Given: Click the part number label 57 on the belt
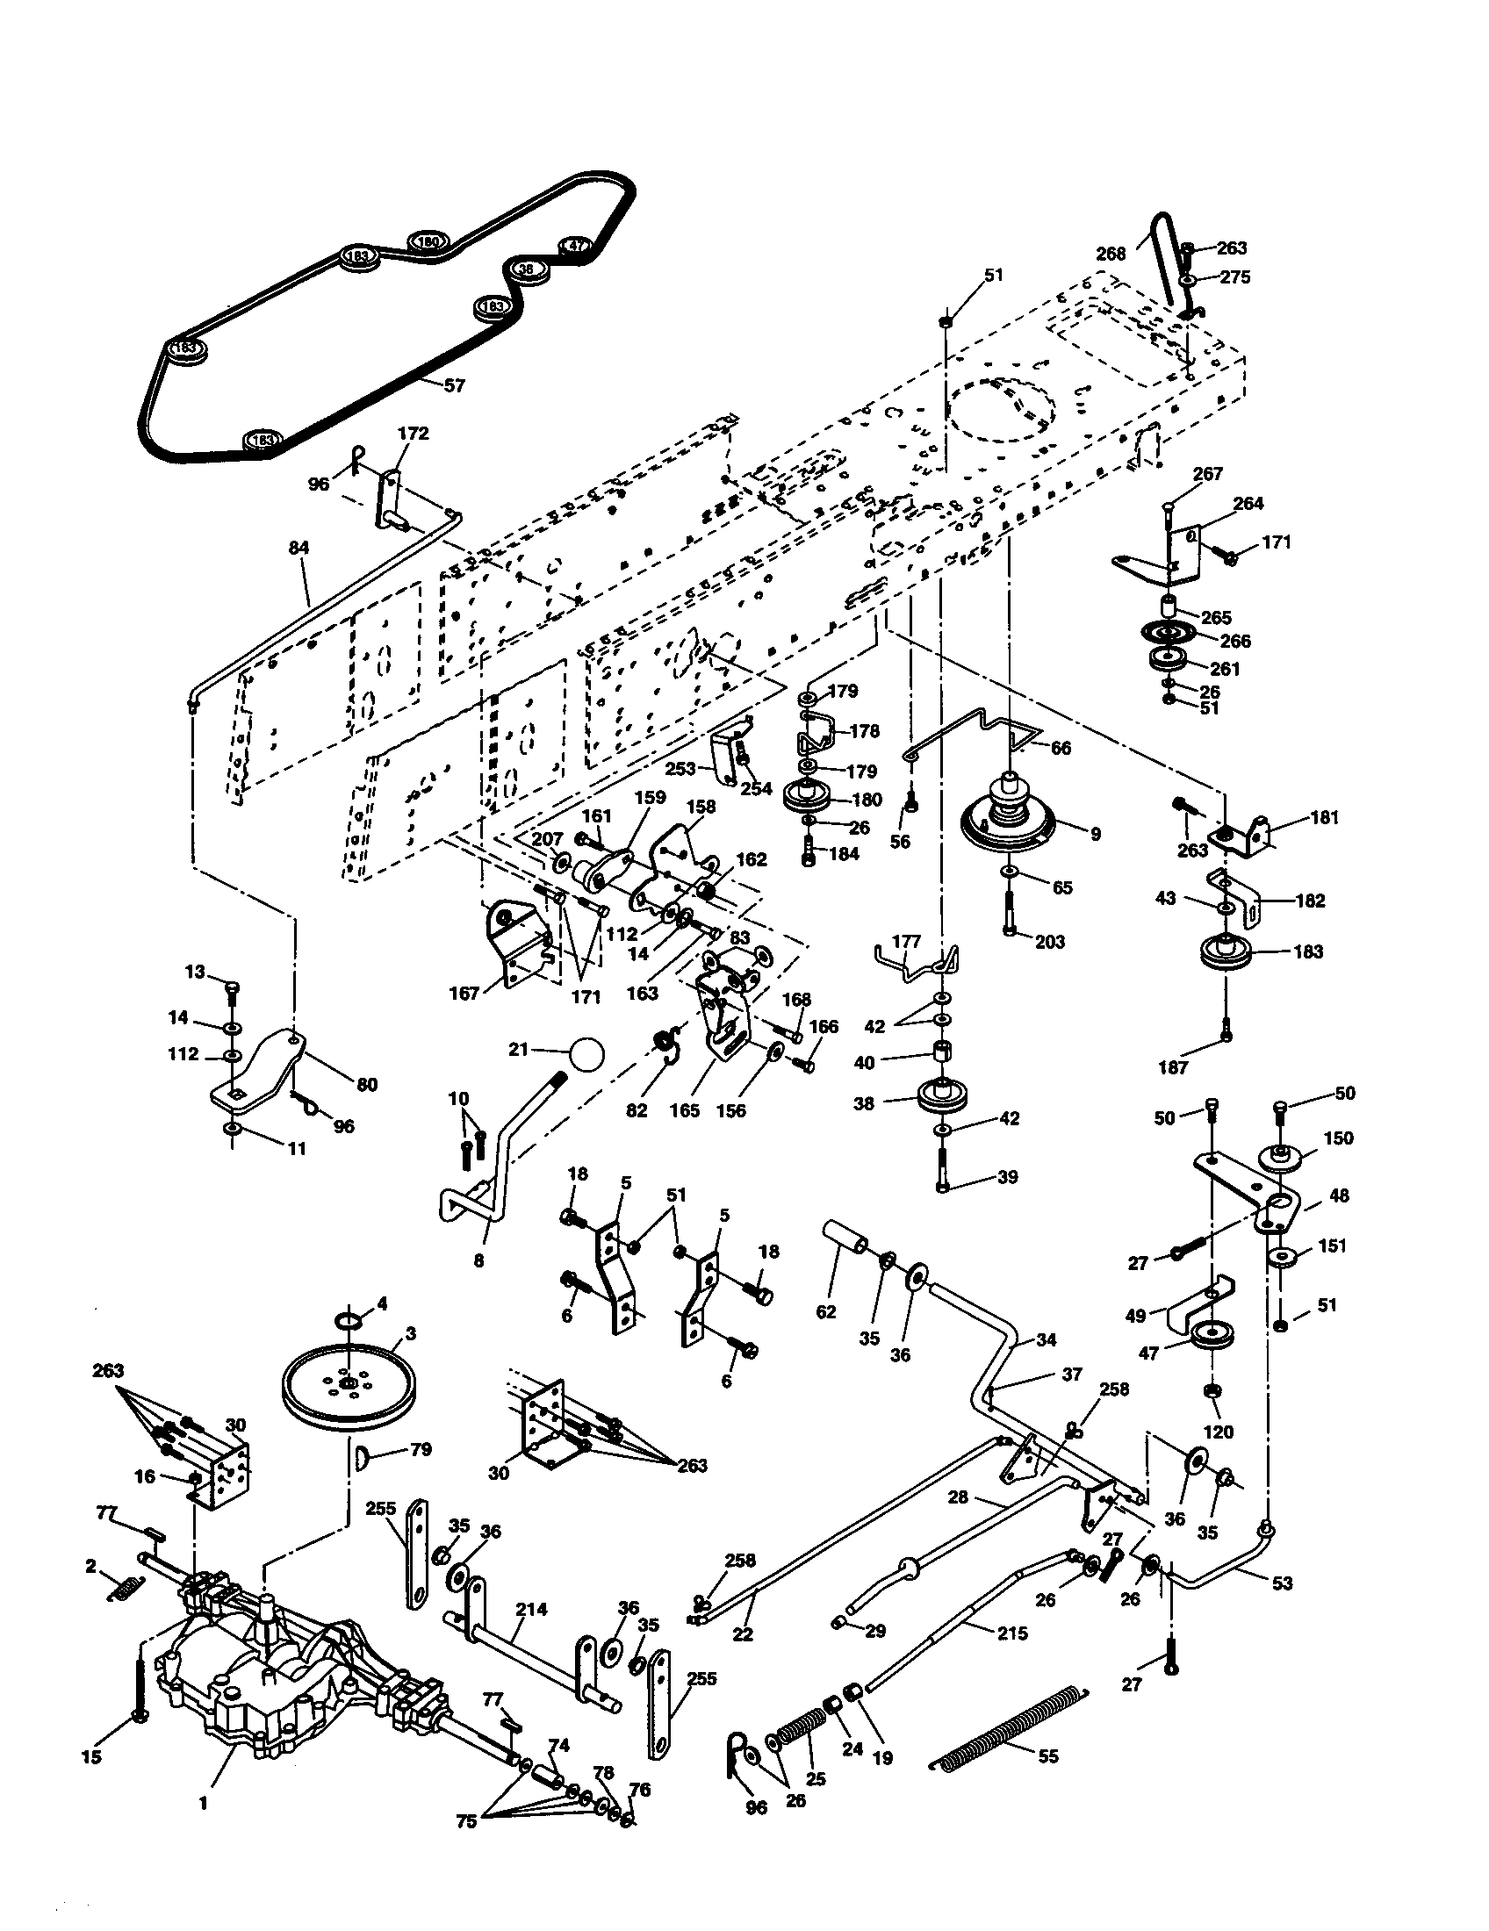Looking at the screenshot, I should pyautogui.click(x=454, y=385).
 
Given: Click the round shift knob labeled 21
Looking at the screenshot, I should pyautogui.click(x=587, y=1054).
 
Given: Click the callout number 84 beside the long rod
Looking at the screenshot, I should pyautogui.click(x=299, y=549).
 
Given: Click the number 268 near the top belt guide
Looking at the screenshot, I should pyautogui.click(x=1111, y=254).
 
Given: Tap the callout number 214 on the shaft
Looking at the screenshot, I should pyautogui.click(x=531, y=1609).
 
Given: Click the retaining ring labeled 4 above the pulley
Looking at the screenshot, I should pyautogui.click(x=349, y=1320).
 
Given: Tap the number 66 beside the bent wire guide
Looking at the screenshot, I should pyautogui.click(x=1061, y=748).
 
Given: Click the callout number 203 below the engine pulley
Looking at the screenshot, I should pyautogui.click(x=1049, y=942).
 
